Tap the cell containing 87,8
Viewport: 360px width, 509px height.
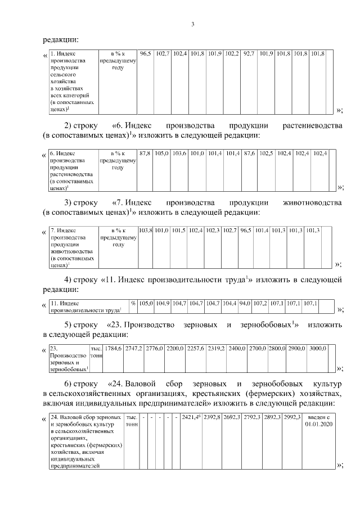pos(145,154)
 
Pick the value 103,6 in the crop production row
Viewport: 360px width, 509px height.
pos(179,154)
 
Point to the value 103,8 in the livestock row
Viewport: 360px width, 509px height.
pos(145,230)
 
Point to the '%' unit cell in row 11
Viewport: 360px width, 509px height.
pos(133,303)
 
